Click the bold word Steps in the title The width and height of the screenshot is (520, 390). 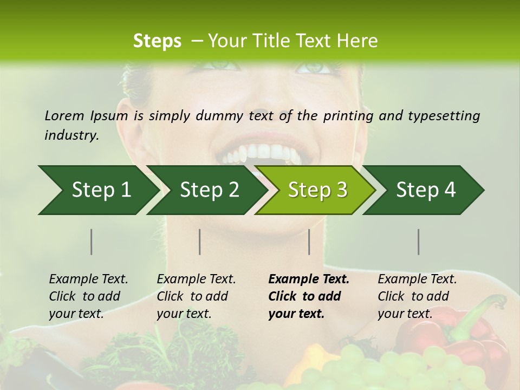[x=157, y=41]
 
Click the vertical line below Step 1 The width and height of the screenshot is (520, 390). [x=92, y=242]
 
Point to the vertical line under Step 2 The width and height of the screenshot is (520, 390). [x=200, y=242]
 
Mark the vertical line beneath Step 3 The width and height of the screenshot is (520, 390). [x=309, y=242]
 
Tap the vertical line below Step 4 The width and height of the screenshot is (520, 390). [x=419, y=242]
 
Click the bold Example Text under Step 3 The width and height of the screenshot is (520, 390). [x=308, y=296]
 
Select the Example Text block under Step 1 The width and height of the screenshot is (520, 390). [x=88, y=296]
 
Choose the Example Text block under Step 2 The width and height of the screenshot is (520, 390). [x=196, y=296]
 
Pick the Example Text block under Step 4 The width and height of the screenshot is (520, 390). [x=417, y=296]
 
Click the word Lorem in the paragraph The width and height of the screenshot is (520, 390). [x=64, y=115]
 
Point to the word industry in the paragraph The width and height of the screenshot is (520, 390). [x=71, y=135]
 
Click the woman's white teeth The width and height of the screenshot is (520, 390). [x=260, y=153]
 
